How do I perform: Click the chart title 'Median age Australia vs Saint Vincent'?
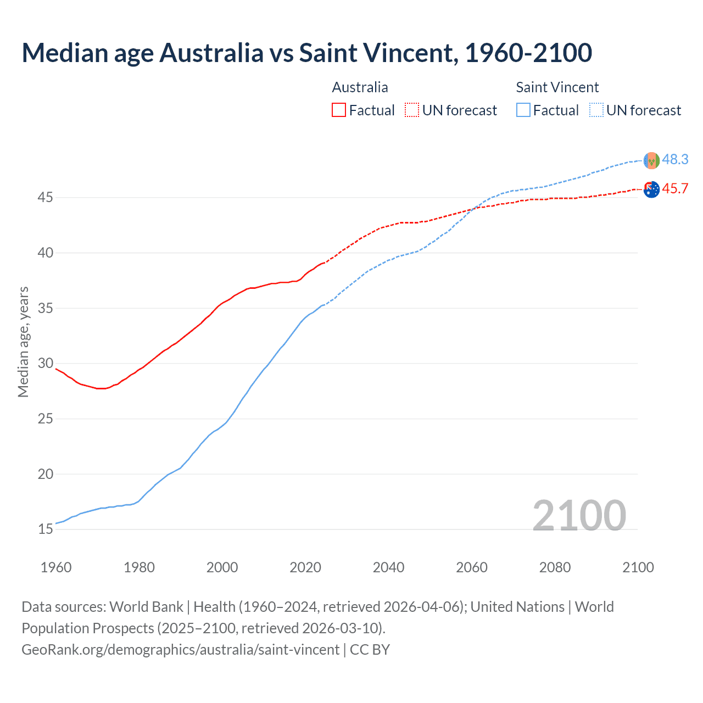[x=306, y=53]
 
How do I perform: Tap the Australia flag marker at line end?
[x=651, y=189]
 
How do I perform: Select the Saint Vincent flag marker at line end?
[x=651, y=160]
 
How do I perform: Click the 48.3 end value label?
[x=675, y=159]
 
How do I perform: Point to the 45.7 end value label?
[x=675, y=188]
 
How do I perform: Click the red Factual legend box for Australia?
[x=339, y=110]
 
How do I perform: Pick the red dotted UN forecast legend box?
[x=412, y=110]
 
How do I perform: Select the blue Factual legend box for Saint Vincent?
[x=523, y=110]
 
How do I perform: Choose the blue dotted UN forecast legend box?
[x=596, y=110]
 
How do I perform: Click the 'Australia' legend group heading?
[x=360, y=87]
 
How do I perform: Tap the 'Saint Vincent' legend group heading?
[x=557, y=87]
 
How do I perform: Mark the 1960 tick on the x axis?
[x=56, y=567]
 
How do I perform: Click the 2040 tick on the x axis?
[x=388, y=567]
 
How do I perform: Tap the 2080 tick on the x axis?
[x=555, y=567]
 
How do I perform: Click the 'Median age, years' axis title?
[x=23, y=342]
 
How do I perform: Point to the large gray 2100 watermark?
[x=579, y=515]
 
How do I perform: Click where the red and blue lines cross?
[x=473, y=209]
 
